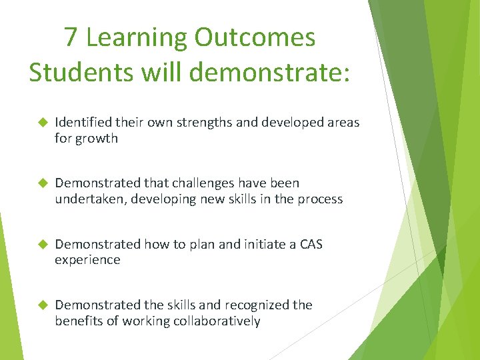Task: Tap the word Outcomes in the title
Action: (255, 37)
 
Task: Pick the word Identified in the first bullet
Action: (83, 123)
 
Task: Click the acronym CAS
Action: (311, 244)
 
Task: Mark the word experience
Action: (87, 260)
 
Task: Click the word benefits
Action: (79, 321)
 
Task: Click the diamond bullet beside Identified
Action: (41, 123)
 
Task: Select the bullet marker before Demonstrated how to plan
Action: (41, 244)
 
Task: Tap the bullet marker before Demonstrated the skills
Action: (41, 305)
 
